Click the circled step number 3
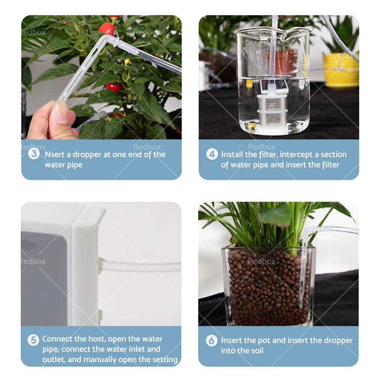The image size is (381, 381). [x=34, y=154]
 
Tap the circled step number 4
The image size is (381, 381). [x=212, y=154]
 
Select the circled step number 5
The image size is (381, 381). [x=33, y=340]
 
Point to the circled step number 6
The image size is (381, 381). [x=211, y=340]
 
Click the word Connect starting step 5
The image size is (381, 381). [x=58, y=339]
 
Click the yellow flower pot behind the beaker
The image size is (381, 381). [x=341, y=70]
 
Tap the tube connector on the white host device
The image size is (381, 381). [x=100, y=266]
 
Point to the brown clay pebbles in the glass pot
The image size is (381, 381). [x=269, y=288]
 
